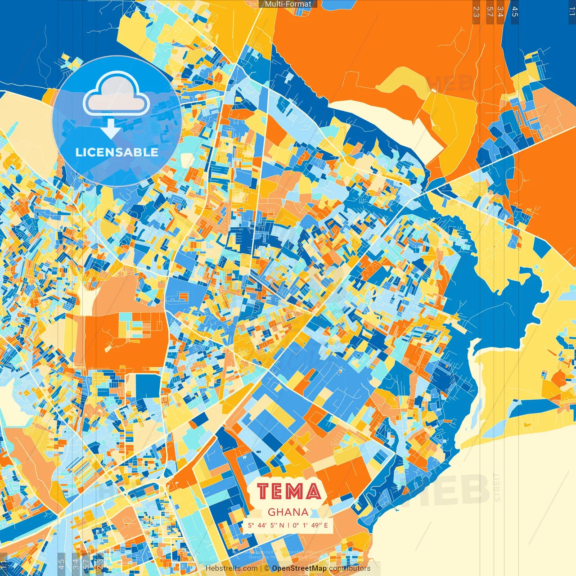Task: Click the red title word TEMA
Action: click(290, 491)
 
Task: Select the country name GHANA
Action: click(288, 512)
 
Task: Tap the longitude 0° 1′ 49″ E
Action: click(310, 525)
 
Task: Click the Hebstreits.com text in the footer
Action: click(232, 568)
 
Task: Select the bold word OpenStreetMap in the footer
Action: click(299, 568)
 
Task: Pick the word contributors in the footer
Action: click(350, 568)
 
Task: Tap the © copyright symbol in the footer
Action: click(267, 568)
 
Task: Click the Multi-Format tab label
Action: click(288, 4)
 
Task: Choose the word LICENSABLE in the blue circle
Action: click(117, 152)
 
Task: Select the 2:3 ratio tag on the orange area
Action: click(476, 12)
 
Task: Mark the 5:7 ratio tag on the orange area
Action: click(490, 12)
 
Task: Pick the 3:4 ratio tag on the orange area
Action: click(500, 12)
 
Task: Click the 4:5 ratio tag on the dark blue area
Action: click(515, 12)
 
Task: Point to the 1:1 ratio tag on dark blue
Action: click(571, 12)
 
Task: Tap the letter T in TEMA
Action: click(264, 491)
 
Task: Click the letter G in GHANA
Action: click(272, 512)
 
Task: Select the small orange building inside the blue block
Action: click(183, 297)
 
